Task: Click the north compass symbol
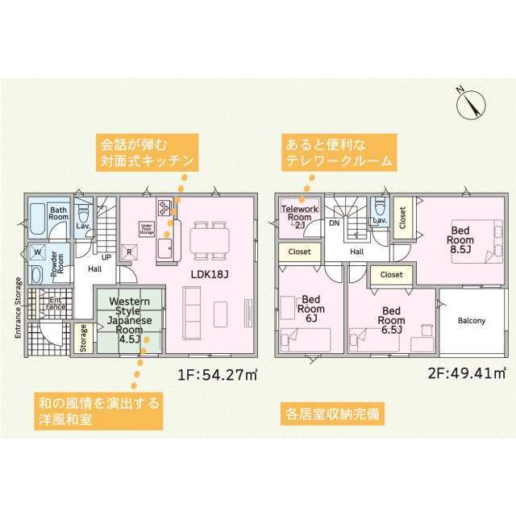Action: pyautogui.click(x=470, y=102)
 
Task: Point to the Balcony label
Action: pyautogui.click(x=472, y=320)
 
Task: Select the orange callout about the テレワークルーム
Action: pyautogui.click(x=338, y=152)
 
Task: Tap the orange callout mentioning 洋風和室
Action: pyautogui.click(x=98, y=409)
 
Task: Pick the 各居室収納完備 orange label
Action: pyautogui.click(x=331, y=415)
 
